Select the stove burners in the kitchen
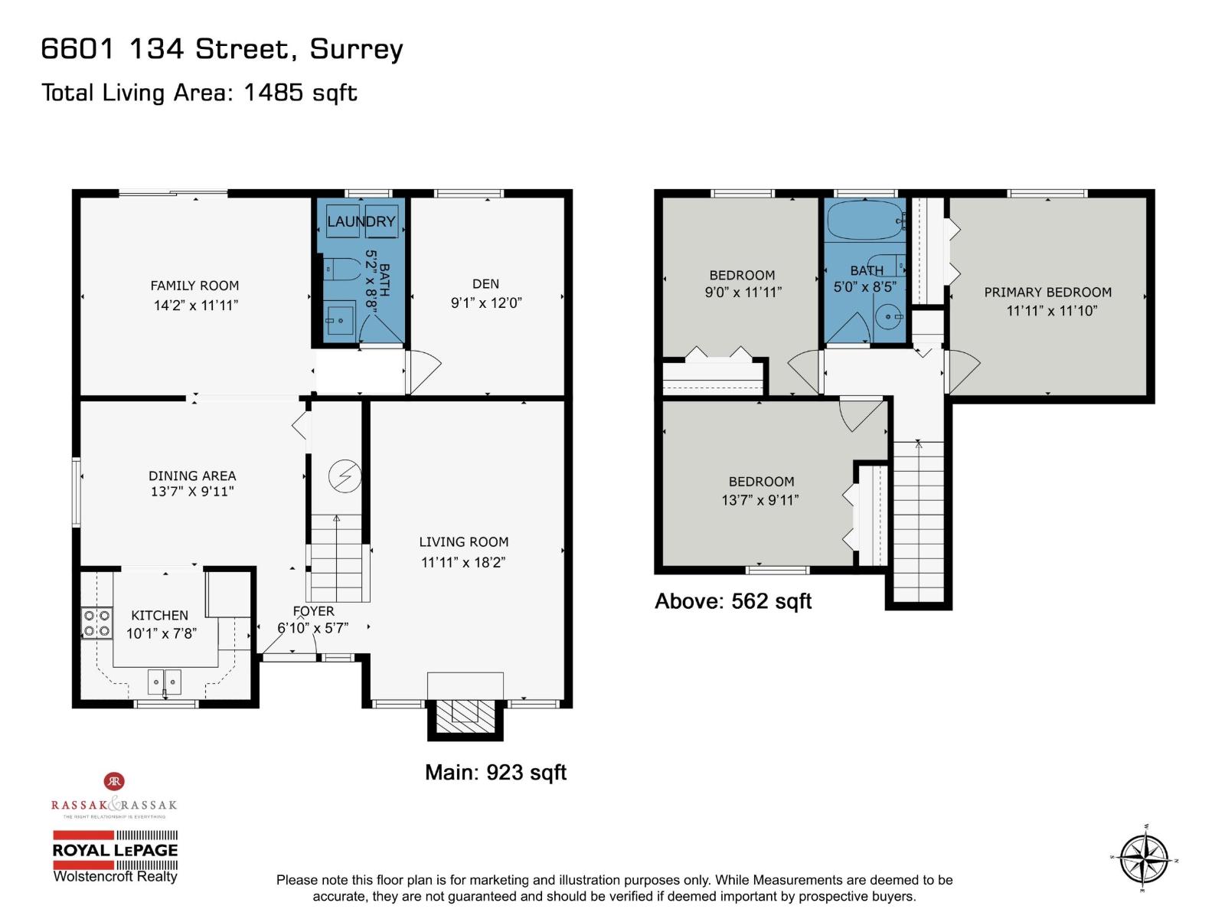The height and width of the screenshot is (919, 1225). [97, 623]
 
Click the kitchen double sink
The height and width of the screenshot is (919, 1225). [165, 681]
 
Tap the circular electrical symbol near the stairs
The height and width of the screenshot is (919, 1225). [345, 476]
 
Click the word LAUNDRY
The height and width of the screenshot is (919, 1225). [361, 222]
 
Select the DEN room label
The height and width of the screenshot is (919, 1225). [485, 284]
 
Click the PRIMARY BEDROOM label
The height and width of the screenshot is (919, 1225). [1047, 292]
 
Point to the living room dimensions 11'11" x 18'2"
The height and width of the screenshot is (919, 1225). [463, 562]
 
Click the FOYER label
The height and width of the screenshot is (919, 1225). [313, 611]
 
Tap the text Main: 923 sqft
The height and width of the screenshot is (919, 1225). [495, 772]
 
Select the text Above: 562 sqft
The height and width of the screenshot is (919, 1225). [733, 601]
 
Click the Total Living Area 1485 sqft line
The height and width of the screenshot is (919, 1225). [199, 93]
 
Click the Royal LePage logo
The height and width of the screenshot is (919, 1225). [115, 850]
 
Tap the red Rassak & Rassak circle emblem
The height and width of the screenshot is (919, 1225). [114, 781]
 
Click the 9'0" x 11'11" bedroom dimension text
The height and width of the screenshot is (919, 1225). [743, 292]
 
